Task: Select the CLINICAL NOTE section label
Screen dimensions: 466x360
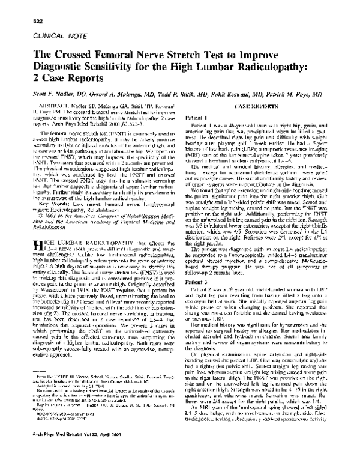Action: click(x=49, y=35)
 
